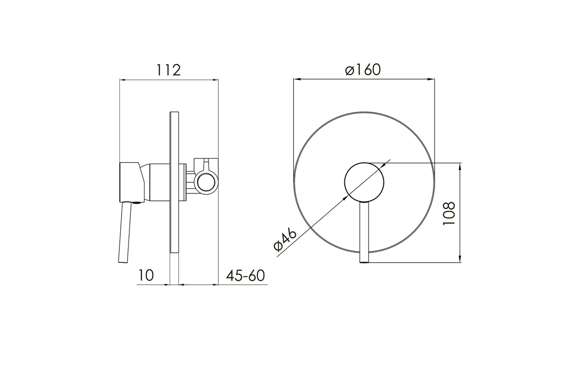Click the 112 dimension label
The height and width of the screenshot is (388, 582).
[x=168, y=70]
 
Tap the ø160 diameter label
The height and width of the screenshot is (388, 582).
[x=363, y=70]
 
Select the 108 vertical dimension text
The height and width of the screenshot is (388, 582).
[x=449, y=213]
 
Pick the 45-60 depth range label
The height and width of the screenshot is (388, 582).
[x=245, y=275]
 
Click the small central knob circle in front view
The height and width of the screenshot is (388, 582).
[x=364, y=182]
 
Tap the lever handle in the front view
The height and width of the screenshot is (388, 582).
[x=364, y=232]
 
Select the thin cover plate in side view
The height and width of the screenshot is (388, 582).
[x=174, y=182]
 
